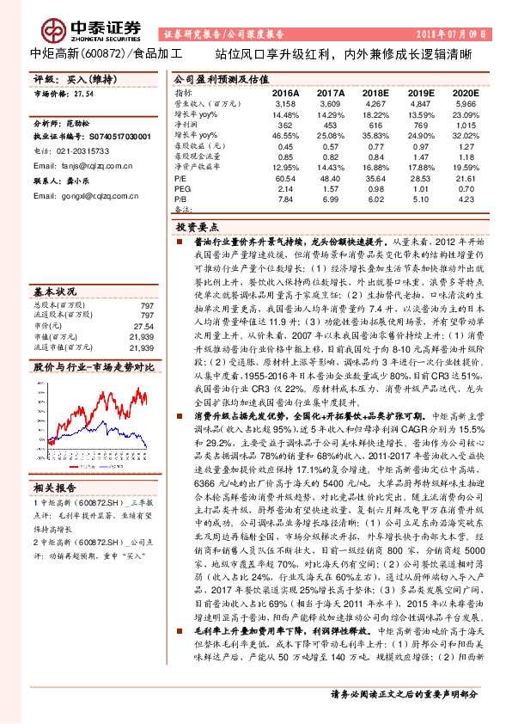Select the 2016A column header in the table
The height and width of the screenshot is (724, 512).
[285, 92]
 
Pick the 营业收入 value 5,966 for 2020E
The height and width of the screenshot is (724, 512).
[465, 102]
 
